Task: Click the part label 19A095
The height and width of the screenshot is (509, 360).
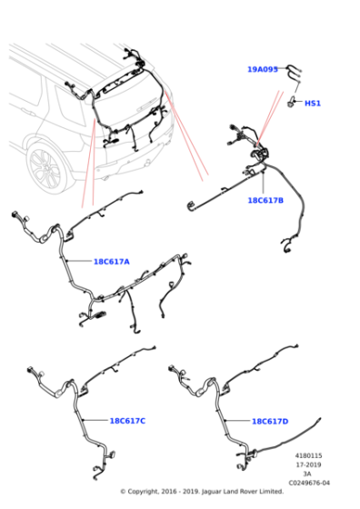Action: [263, 69]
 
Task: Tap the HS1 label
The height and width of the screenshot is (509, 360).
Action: [313, 104]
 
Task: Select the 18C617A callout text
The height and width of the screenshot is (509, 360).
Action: [111, 262]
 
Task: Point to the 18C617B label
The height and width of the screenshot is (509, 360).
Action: [265, 200]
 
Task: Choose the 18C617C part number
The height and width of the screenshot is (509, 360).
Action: [127, 421]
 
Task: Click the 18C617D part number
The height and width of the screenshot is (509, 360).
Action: [270, 422]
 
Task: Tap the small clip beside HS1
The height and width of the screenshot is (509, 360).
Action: [291, 102]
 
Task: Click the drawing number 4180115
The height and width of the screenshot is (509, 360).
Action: [309, 455]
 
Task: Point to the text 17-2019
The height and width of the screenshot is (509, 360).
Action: [309, 464]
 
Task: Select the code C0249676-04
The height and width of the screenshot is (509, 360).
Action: [309, 483]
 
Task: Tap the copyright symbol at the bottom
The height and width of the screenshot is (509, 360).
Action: [123, 492]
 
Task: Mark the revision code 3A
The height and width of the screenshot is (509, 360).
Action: [307, 474]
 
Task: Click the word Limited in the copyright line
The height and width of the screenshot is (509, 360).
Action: [272, 492]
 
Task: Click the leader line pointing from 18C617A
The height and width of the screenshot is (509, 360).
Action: [78, 261]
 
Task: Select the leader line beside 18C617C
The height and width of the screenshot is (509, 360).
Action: [95, 420]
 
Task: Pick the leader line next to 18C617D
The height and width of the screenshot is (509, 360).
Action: [237, 421]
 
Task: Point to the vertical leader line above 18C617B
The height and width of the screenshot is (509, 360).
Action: [263, 183]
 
